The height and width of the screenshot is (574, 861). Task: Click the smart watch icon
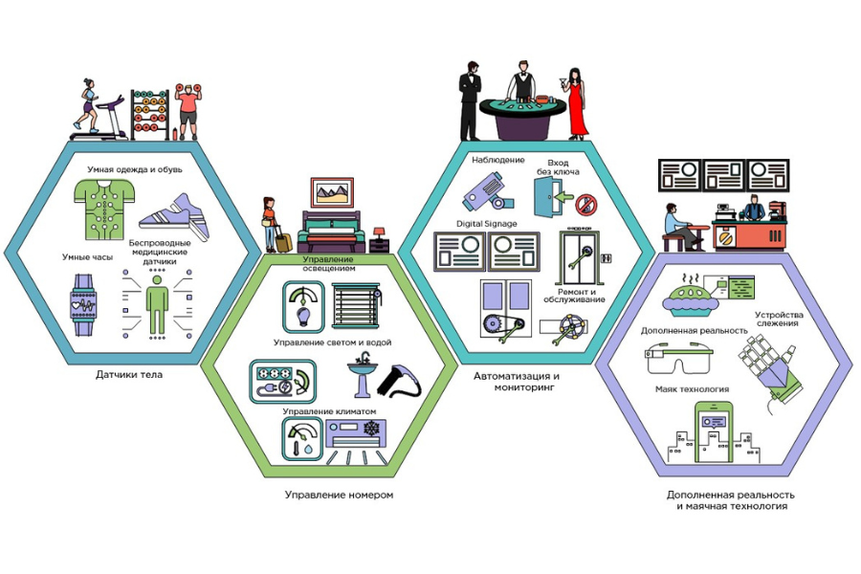pos(84,305)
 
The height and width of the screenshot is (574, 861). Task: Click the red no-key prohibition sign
pos(588,203)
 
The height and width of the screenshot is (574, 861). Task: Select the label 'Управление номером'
pos(339,495)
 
